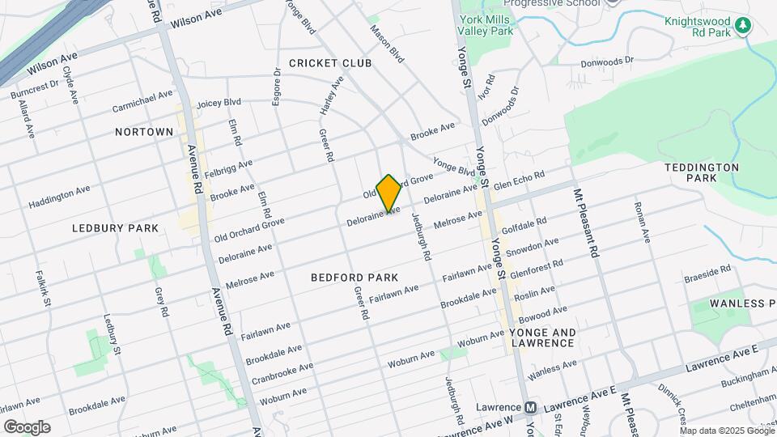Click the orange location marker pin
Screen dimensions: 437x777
click(x=389, y=193)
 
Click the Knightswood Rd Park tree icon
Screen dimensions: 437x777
click(x=742, y=27)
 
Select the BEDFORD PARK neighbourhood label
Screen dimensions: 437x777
click(x=355, y=278)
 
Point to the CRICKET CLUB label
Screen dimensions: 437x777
click(x=330, y=63)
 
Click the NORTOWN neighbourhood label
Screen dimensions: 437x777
click(x=144, y=132)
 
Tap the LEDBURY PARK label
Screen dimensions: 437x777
click(x=115, y=228)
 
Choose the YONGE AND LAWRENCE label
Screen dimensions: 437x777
click(x=543, y=337)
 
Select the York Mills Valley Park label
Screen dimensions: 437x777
click(x=486, y=25)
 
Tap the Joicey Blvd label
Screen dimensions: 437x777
click(x=219, y=103)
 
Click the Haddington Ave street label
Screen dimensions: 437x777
click(x=59, y=197)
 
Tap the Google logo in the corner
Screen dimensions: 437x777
click(x=27, y=427)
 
